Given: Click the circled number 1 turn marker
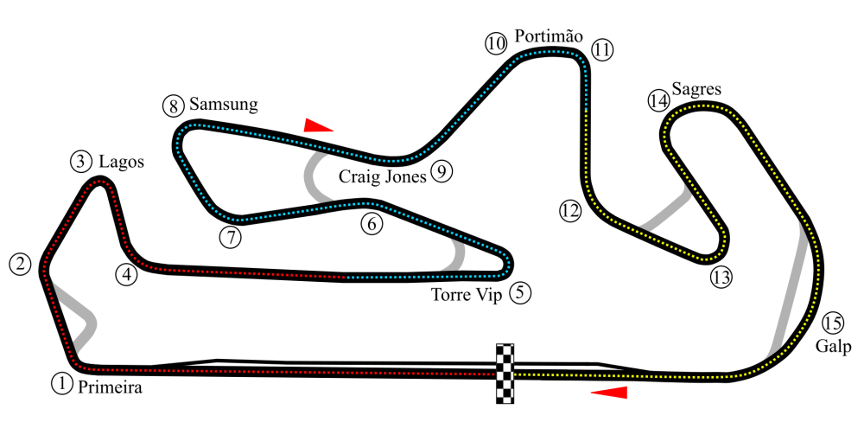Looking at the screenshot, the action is pyautogui.click(x=61, y=383).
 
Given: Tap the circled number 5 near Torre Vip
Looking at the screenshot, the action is pyautogui.click(x=521, y=293).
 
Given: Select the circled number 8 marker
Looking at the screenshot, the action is pyautogui.click(x=174, y=105).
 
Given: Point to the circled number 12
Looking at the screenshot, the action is pyautogui.click(x=570, y=211).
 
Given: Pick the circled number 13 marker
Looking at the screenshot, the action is pyautogui.click(x=721, y=278).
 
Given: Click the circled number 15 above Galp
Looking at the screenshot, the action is pyautogui.click(x=833, y=323).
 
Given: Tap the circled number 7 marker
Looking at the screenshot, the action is pyautogui.click(x=231, y=238).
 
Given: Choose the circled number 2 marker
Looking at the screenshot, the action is pyautogui.click(x=21, y=265).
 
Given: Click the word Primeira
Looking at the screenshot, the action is pyautogui.click(x=110, y=387).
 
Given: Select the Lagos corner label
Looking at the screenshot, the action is pyautogui.click(x=121, y=163).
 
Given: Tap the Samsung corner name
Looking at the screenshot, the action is pyautogui.click(x=223, y=105).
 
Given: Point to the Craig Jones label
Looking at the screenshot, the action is pyautogui.click(x=383, y=176).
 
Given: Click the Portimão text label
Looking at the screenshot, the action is pyautogui.click(x=549, y=37).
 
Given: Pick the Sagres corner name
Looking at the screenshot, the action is pyautogui.click(x=696, y=90).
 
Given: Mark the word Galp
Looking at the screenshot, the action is pyautogui.click(x=833, y=347).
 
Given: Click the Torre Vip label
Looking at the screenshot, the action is pyautogui.click(x=467, y=296).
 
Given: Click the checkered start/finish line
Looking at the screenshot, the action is pyautogui.click(x=505, y=374).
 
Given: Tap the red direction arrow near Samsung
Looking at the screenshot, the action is pyautogui.click(x=318, y=125).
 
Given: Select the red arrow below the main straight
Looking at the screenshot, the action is pyautogui.click(x=609, y=393).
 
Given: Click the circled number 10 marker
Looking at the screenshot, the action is pyautogui.click(x=496, y=43).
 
